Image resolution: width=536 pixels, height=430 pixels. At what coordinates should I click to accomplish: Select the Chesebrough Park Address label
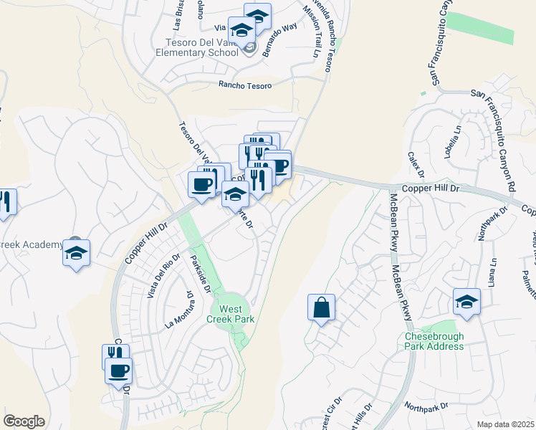pos(434,341)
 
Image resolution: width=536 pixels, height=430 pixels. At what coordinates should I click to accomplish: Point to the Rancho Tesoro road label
pos(245,85)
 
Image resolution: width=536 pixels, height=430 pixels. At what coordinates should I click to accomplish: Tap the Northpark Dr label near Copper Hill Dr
pos(492,224)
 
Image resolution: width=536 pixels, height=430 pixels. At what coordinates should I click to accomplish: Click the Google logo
pos(24,421)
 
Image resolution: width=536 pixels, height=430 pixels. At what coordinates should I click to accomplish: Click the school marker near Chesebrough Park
pos(466,300)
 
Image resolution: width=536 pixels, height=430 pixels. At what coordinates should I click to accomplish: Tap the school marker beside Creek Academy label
pos(77,253)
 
